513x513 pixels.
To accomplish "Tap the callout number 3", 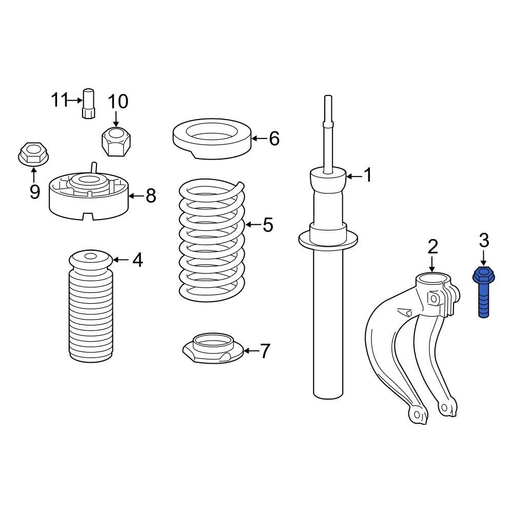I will coord(484,240).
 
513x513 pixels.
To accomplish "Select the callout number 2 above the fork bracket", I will coord(432,247).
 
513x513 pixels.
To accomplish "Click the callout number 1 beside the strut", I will coord(367,175).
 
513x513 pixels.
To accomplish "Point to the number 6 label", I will coord(274,138).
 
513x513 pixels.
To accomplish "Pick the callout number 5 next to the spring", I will coord(268,225).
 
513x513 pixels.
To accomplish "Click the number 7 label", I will coord(265,351).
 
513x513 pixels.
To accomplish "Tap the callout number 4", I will coord(137,260).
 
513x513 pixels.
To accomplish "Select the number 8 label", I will coord(150,195).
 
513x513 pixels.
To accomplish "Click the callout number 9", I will coord(34,191).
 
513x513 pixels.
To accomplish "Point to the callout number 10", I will coord(117,102).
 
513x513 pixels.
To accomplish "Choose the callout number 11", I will coord(60,100).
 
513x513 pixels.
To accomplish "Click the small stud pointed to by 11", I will coord(88,104).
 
